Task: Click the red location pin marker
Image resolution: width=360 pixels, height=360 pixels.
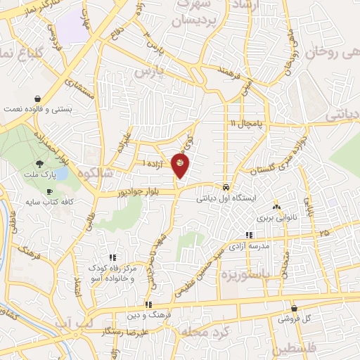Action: [x=180, y=165]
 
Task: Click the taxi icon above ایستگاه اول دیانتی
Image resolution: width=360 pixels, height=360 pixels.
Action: [x=225, y=188]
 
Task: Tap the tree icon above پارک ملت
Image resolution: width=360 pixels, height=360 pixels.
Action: [x=48, y=163]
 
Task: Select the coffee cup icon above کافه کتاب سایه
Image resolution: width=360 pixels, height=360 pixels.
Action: [x=49, y=191]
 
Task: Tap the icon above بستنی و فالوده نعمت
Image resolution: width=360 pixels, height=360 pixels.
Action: [x=37, y=99]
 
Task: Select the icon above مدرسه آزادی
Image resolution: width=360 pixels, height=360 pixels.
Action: [x=248, y=235]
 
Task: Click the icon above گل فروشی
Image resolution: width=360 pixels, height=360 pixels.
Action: [x=294, y=309]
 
